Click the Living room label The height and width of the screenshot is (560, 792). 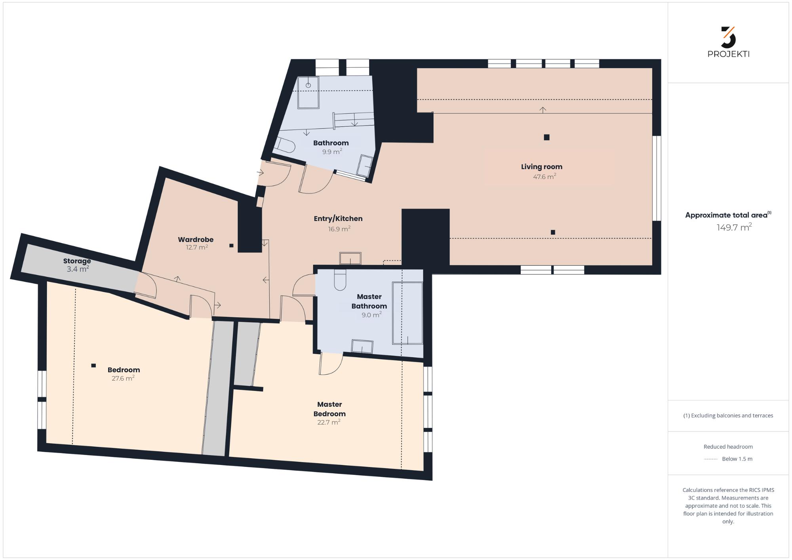click(541, 167)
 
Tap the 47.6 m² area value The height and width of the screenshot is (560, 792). click(544, 176)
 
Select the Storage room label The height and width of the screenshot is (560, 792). click(77, 261)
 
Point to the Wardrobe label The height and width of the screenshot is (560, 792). click(196, 239)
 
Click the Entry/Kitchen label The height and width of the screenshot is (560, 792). click(338, 219)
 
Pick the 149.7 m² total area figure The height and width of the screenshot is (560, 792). click(734, 227)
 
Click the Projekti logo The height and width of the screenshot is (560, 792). click(728, 42)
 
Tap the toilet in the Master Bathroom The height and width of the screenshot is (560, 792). click(340, 280)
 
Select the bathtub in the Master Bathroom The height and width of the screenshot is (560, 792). click(407, 313)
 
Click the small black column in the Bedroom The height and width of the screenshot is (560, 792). click(93, 366)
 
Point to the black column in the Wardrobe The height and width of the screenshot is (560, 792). click(231, 246)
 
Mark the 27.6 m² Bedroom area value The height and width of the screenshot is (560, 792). click(123, 378)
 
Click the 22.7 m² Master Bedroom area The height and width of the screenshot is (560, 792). click(329, 422)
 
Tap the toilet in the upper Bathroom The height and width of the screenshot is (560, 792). click(286, 145)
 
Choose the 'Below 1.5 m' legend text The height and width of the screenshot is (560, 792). click(737, 459)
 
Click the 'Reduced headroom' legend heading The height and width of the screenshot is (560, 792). click(728, 447)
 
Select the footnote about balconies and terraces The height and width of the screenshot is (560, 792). click(728, 415)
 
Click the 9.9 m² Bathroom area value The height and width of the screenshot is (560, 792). click(332, 151)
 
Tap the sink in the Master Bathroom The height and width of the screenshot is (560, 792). click(362, 347)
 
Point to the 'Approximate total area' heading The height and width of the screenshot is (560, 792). click(728, 215)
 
